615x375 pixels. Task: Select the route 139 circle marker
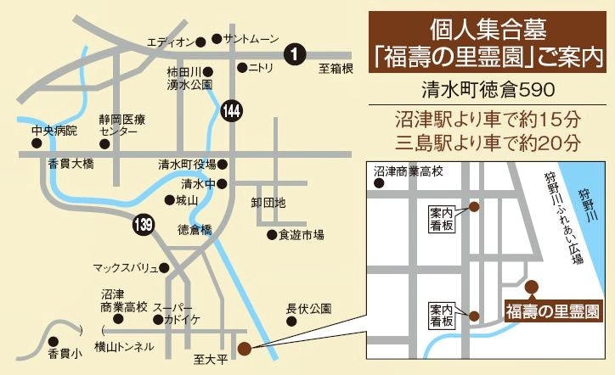tap(144, 225)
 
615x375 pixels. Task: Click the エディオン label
tap(170, 42)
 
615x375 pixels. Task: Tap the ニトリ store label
tap(266, 67)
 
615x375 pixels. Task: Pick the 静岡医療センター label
tap(118, 126)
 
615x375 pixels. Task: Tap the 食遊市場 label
tap(301, 235)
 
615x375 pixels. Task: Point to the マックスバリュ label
tap(125, 268)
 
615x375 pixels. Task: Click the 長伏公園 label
tap(307, 308)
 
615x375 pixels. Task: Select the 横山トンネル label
tap(124, 346)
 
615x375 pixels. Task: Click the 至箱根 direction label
tap(336, 70)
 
